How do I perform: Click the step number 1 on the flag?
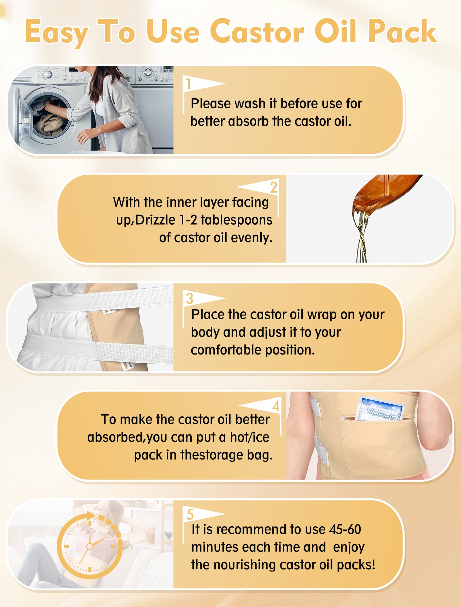pyautogui.click(x=189, y=84)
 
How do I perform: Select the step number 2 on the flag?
pyautogui.click(x=274, y=187)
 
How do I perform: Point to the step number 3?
pyautogui.click(x=190, y=299)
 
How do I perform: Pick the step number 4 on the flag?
pyautogui.click(x=276, y=406)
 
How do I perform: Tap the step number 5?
pyautogui.click(x=190, y=514)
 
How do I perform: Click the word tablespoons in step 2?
pyautogui.click(x=237, y=220)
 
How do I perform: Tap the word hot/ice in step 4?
pyautogui.click(x=250, y=437)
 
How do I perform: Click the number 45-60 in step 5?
pyautogui.click(x=345, y=529)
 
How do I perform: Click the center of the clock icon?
pyautogui.click(x=89, y=546)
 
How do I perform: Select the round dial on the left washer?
pyautogui.click(x=48, y=75)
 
